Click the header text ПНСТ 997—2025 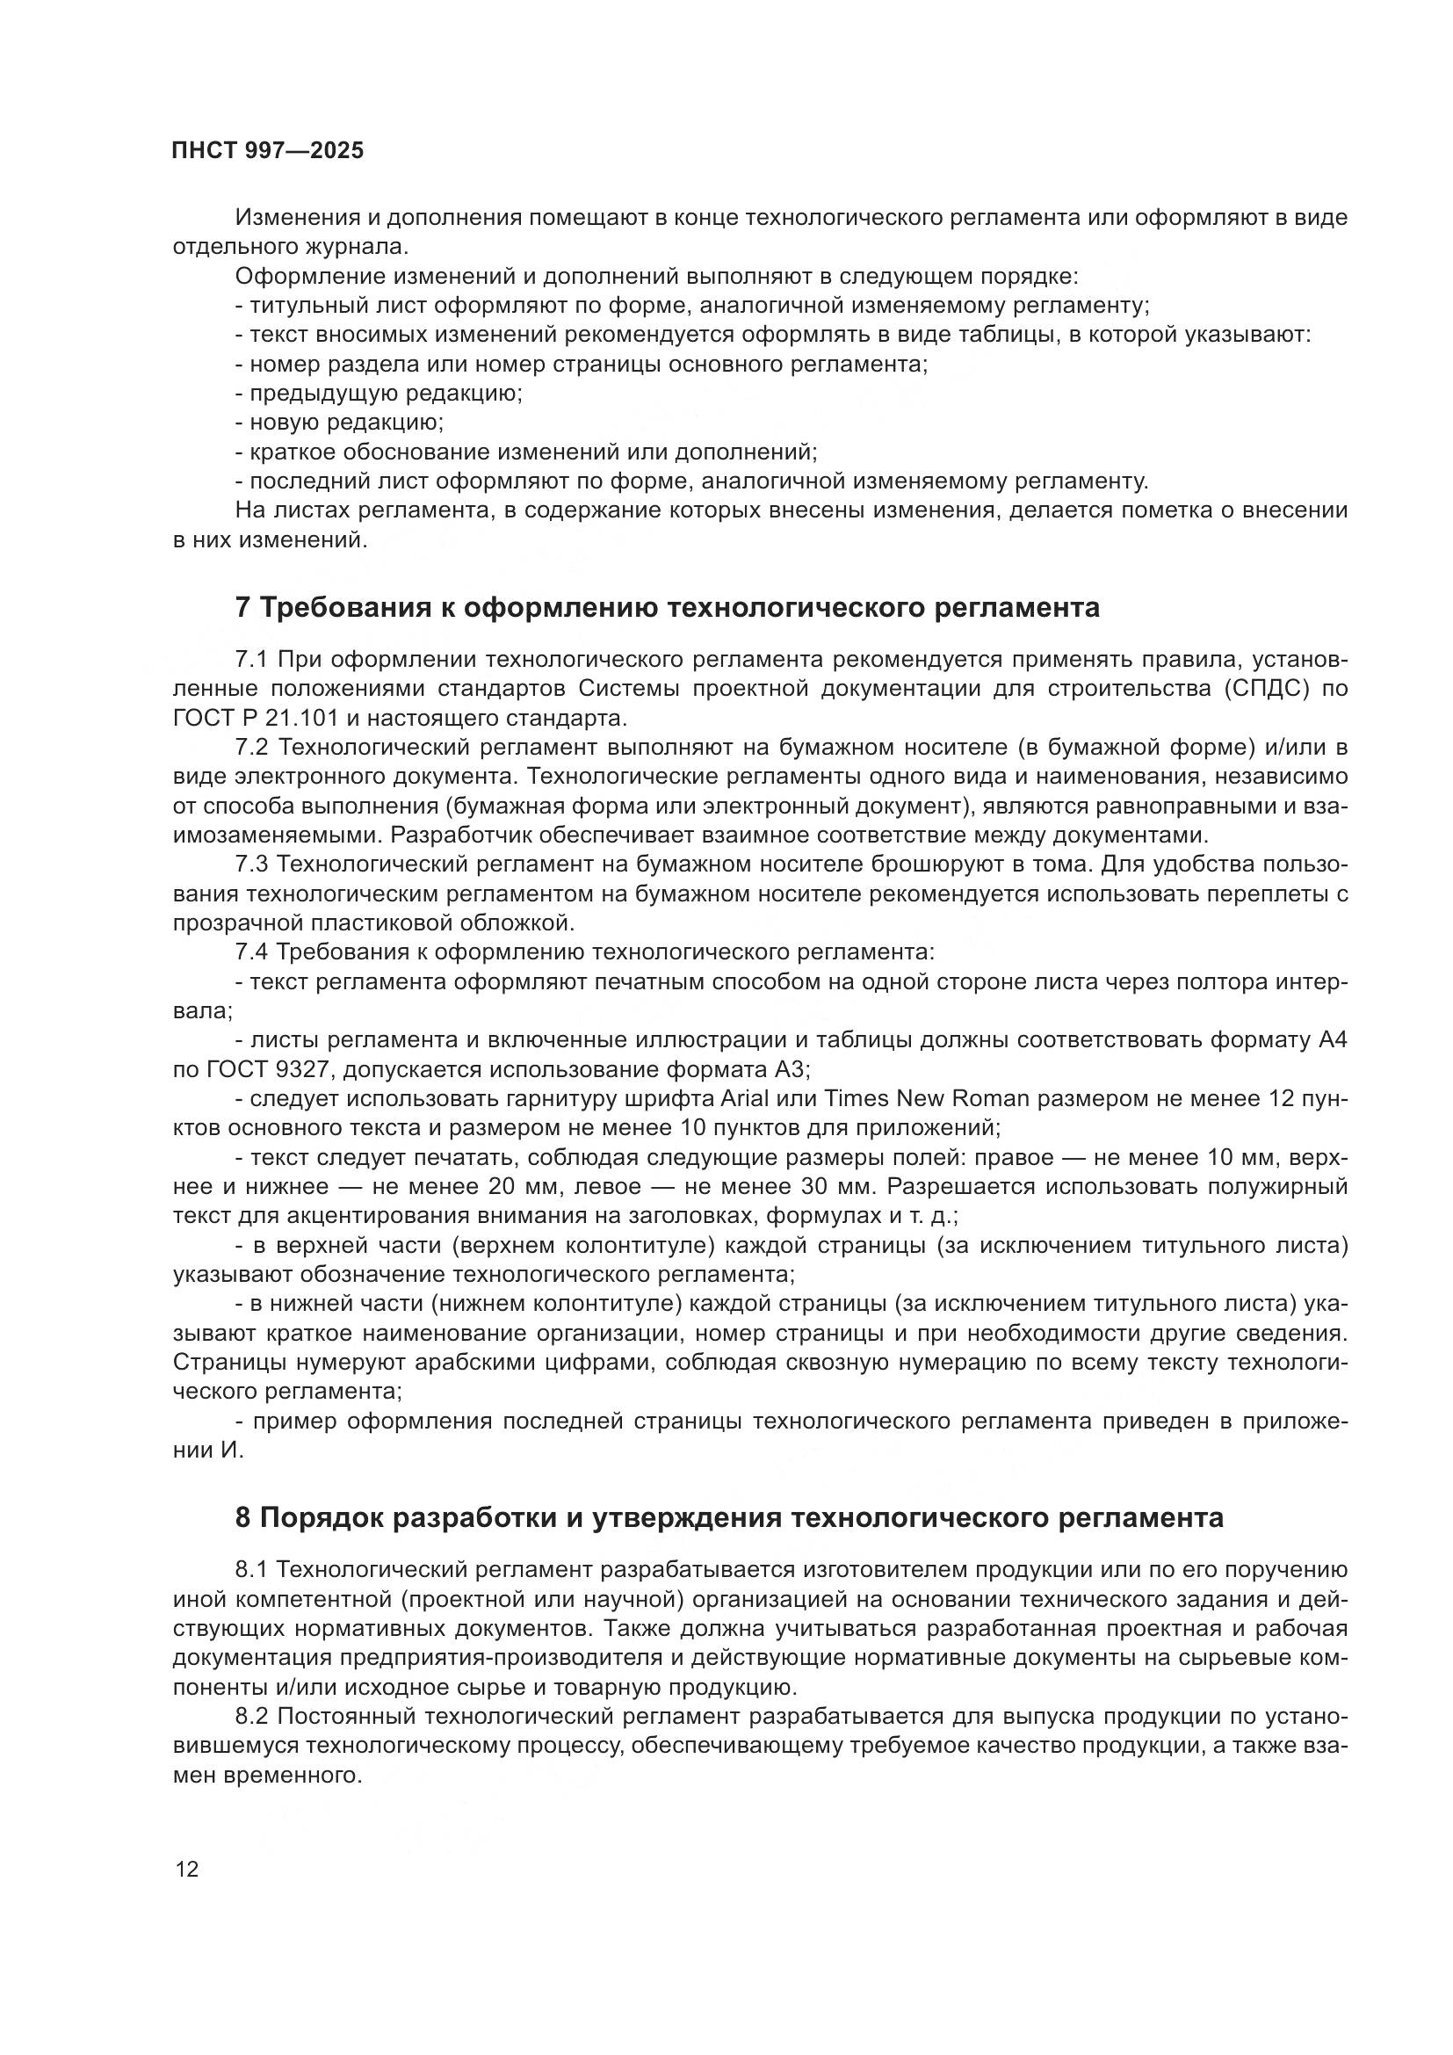268,150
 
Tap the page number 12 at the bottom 188,1869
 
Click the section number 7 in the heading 242,608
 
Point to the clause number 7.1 251,660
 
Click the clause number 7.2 251,748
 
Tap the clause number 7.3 251,865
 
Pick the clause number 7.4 251,952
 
